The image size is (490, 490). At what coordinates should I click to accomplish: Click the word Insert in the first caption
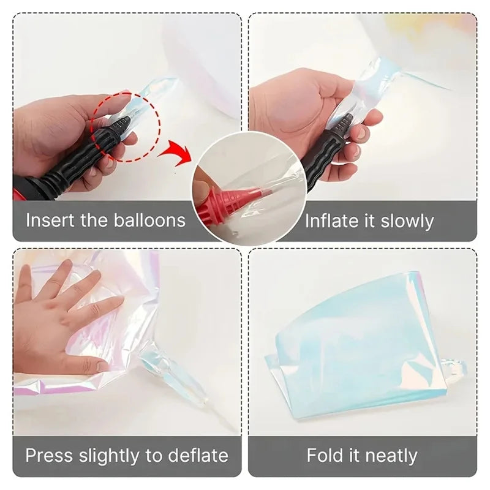point(51,220)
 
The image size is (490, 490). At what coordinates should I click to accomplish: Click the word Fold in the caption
point(325,456)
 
